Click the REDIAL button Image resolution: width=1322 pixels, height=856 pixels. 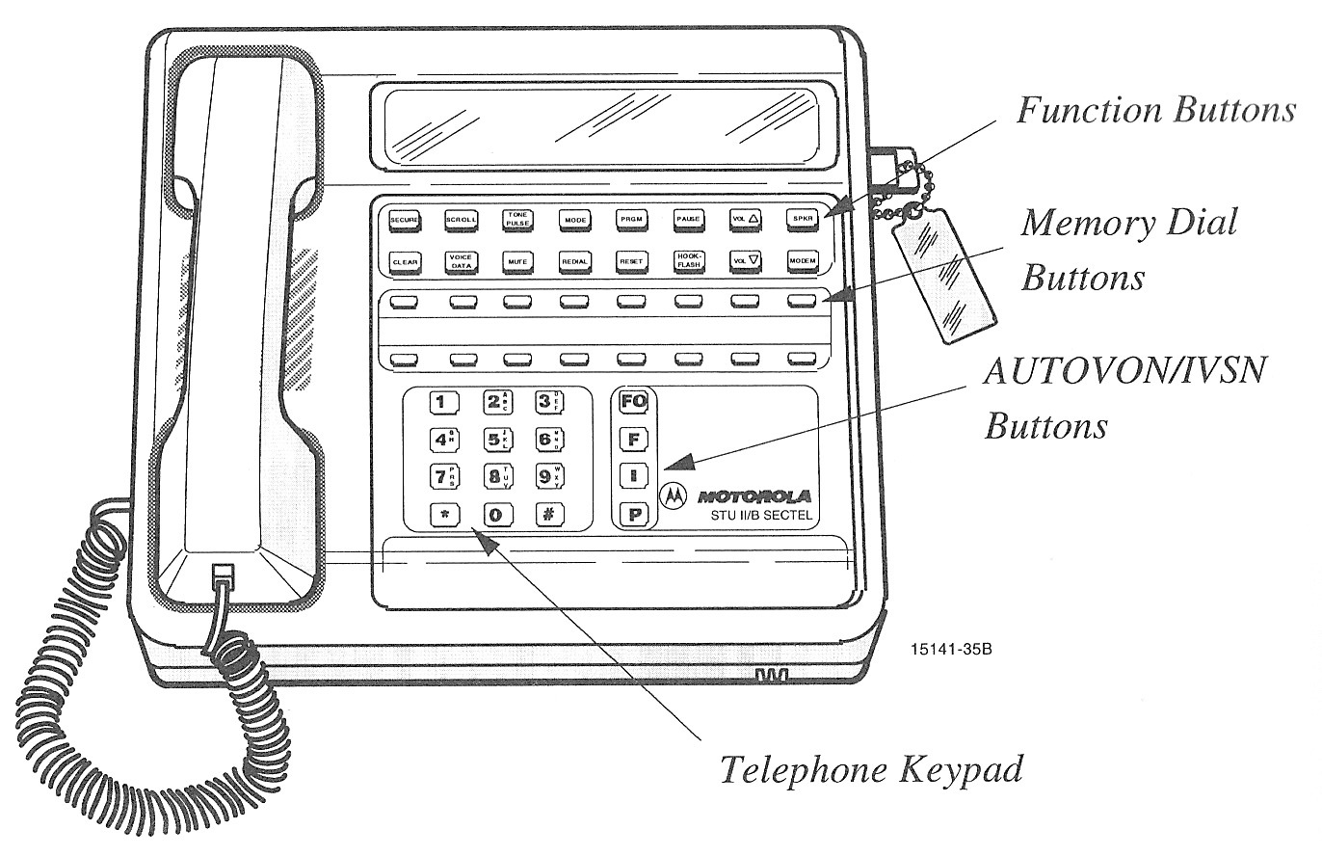[574, 260]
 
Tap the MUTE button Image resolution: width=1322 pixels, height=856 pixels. [516, 260]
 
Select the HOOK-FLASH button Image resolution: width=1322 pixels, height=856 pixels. [687, 260]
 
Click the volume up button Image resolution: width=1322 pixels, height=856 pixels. [744, 220]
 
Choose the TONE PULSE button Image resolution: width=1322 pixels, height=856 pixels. [516, 220]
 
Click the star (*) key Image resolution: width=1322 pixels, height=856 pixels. [445, 514]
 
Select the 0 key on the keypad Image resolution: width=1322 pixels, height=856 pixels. [496, 514]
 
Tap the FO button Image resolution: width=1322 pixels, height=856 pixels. [634, 401]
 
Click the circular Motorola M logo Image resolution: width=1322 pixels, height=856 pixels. [673, 495]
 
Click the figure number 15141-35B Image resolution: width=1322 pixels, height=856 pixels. [950, 650]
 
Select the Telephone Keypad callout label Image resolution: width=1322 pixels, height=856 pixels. [871, 770]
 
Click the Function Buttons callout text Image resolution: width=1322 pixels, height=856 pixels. [1156, 111]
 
